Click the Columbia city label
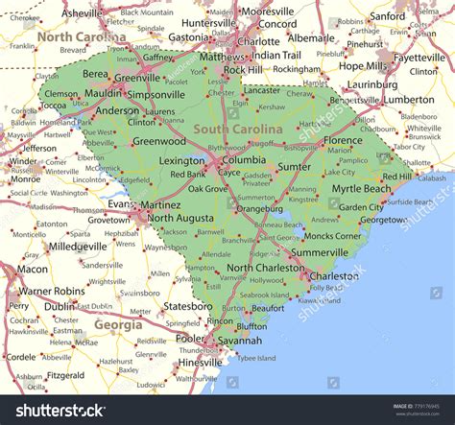pos(246,159)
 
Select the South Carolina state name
pos(238,129)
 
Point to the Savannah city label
pos(240,341)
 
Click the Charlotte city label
pos(258,41)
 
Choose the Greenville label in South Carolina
pos(136,79)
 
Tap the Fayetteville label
pos(420,57)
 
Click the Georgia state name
pos(118,324)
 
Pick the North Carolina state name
pos(82,37)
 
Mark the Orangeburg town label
pos(259,207)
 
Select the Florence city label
pos(343,140)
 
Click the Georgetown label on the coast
pos(383,220)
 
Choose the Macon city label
pos(32,270)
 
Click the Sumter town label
pos(294,166)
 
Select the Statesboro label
pos(185,306)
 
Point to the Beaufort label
pos(268,308)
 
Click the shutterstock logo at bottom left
pos(53,410)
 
